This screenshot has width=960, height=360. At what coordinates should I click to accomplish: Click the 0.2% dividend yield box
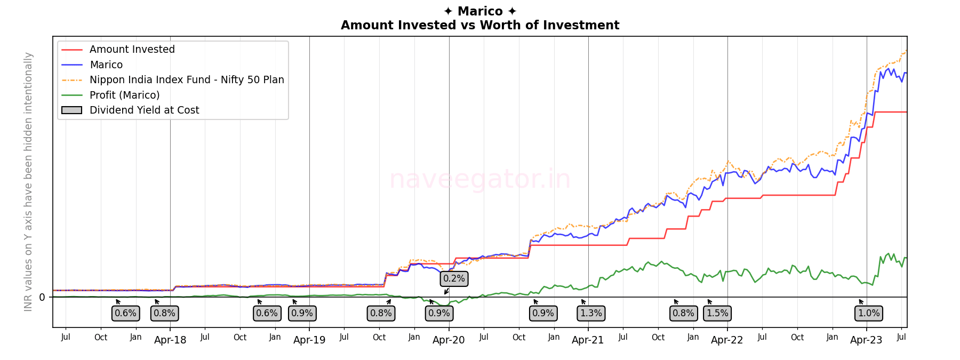pyautogui.click(x=454, y=278)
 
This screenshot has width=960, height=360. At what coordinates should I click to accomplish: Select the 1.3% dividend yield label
pyautogui.click(x=591, y=313)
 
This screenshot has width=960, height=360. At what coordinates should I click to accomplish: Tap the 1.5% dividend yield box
pyautogui.click(x=717, y=313)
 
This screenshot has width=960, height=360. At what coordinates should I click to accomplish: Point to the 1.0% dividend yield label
pyautogui.click(x=869, y=313)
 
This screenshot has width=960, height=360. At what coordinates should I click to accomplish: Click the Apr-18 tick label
pyautogui.click(x=170, y=340)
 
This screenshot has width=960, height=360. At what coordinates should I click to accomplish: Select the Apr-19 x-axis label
pyautogui.click(x=309, y=340)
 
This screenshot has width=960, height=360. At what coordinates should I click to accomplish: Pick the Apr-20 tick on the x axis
pyautogui.click(x=449, y=340)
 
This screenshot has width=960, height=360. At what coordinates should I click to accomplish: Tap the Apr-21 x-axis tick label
pyautogui.click(x=588, y=340)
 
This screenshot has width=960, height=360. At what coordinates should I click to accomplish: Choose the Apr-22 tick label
pyautogui.click(x=727, y=340)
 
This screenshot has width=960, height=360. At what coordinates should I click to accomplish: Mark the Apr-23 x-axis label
pyautogui.click(x=866, y=340)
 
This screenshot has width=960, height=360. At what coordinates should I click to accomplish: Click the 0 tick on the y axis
pyautogui.click(x=42, y=298)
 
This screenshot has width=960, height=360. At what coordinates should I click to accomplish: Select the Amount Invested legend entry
pyautogui.click(x=132, y=50)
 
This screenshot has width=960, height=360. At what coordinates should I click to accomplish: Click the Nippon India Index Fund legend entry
pyautogui.click(x=187, y=80)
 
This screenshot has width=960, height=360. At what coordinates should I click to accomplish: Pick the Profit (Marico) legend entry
pyautogui.click(x=124, y=95)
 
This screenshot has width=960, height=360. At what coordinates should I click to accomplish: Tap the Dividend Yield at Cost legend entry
pyautogui.click(x=144, y=110)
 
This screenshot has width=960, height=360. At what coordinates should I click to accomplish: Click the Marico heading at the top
pyautogui.click(x=480, y=11)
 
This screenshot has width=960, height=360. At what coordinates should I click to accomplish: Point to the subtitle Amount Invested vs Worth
pyautogui.click(x=480, y=25)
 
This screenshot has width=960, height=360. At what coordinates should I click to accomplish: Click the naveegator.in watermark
pyautogui.click(x=480, y=179)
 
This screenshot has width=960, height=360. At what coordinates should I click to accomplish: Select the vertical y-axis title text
pyautogui.click(x=28, y=181)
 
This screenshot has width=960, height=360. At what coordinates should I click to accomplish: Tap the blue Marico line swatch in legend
pyautogui.click(x=72, y=65)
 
